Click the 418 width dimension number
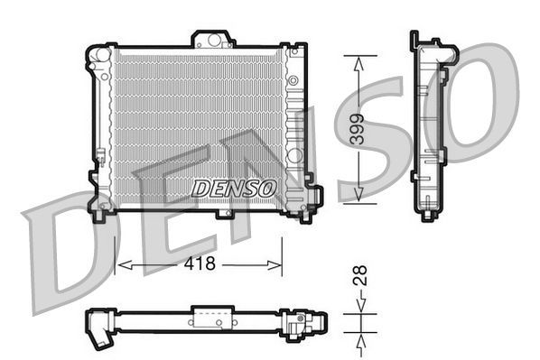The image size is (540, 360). click(200, 263)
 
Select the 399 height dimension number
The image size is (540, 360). click(359, 129)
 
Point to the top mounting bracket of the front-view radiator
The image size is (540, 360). click(211, 39)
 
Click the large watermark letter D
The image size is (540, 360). click(72, 257)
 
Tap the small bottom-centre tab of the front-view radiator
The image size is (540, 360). click(223, 214)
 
